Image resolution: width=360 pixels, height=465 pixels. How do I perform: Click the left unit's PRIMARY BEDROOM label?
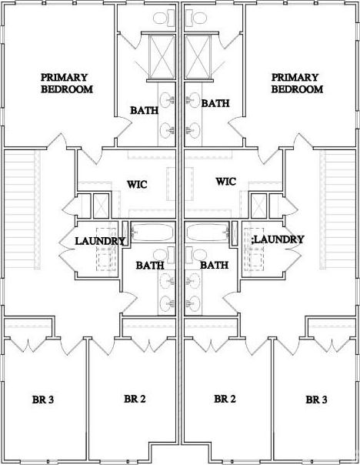(67, 83)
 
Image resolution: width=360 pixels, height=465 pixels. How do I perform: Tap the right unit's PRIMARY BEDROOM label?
(297, 83)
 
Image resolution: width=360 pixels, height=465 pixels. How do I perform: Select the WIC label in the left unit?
(137, 185)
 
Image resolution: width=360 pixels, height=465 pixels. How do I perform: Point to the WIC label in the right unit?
(226, 181)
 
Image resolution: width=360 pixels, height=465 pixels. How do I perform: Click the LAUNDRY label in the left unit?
(100, 241)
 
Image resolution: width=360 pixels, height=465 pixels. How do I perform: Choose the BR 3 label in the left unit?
(43, 400)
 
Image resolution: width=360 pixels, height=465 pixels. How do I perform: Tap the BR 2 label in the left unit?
(135, 399)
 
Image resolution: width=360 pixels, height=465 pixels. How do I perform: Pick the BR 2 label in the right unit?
(225, 399)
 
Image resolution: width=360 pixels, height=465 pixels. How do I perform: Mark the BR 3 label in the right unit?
(316, 400)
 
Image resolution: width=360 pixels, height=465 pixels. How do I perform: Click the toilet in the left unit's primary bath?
(164, 17)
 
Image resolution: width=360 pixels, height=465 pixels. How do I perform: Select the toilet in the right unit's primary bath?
(196, 17)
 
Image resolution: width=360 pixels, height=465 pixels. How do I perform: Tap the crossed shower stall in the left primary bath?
(162, 57)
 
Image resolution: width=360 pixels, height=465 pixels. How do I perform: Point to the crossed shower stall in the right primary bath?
(198, 57)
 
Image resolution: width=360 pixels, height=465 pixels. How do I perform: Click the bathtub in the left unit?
(152, 232)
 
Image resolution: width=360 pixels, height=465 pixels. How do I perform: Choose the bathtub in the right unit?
(208, 232)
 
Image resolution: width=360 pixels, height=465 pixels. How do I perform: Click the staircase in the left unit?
(22, 209)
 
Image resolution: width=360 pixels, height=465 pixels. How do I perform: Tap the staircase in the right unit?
(338, 209)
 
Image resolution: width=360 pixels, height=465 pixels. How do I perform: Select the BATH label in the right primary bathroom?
(215, 103)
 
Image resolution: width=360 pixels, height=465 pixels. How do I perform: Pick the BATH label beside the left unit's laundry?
(150, 265)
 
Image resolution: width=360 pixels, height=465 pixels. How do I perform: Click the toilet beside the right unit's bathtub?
(196, 256)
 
